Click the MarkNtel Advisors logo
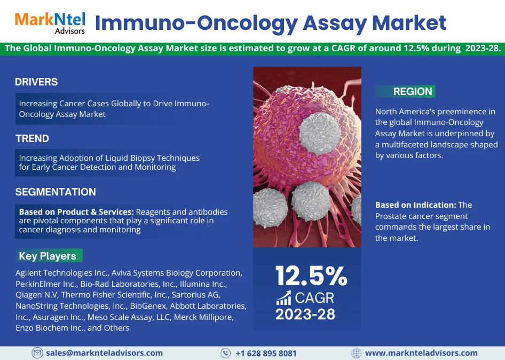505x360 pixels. pyautogui.click(x=50, y=23)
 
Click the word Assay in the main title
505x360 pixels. pyautogui.click(x=335, y=23)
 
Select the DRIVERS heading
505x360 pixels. pyautogui.click(x=36, y=82)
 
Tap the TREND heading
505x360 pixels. pyautogui.click(x=32, y=138)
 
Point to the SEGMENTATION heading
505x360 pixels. pyautogui.click(x=56, y=192)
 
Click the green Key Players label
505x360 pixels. pyautogui.click(x=49, y=255)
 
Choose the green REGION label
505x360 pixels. pyautogui.click(x=405, y=91)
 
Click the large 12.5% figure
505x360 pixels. pyautogui.click(x=311, y=276)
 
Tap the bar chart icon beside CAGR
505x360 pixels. pyautogui.click(x=283, y=298)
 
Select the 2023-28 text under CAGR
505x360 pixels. pyautogui.click(x=305, y=314)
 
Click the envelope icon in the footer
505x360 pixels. pyautogui.click(x=37, y=353)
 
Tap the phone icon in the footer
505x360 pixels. pyautogui.click(x=225, y=353)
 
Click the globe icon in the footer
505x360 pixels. pyautogui.click(x=356, y=353)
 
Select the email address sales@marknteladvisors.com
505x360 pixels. pyautogui.click(x=104, y=353)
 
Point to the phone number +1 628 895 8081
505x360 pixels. pyautogui.click(x=266, y=354)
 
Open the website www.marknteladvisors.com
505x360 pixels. pyautogui.click(x=421, y=353)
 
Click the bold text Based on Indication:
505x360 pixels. pyautogui.click(x=416, y=205)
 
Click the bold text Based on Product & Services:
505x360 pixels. pyautogui.click(x=76, y=212)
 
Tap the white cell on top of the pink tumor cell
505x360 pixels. pyautogui.click(x=320, y=133)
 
